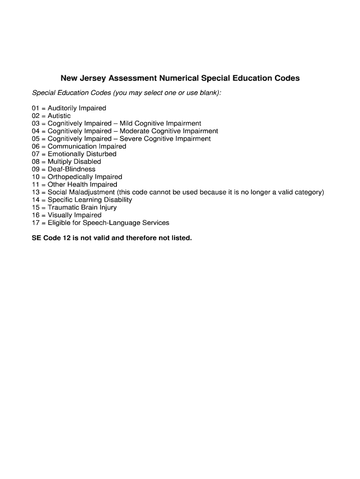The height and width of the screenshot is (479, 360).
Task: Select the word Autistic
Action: [x=59, y=116]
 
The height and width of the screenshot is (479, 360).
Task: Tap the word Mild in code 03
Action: [x=126, y=123]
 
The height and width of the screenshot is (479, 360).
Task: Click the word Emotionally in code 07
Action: [x=65, y=154]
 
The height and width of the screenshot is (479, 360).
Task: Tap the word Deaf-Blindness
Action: [x=72, y=169]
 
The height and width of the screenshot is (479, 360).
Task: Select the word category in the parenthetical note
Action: [x=308, y=192]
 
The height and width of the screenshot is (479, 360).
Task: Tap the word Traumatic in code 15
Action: [x=63, y=207]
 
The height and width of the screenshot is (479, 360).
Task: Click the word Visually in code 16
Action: [x=60, y=215]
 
